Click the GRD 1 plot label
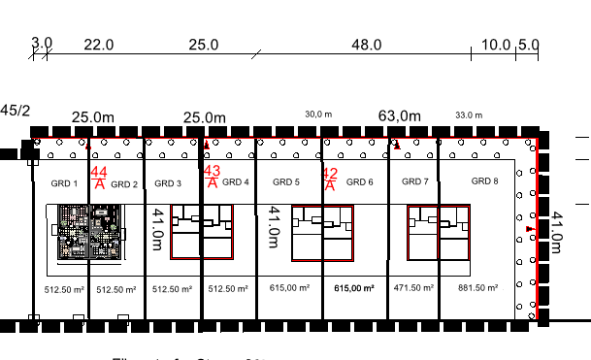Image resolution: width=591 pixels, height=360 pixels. tap(63, 182)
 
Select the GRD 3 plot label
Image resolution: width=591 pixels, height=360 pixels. tap(168, 183)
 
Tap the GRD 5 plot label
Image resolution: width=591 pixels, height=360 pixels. tap(286, 182)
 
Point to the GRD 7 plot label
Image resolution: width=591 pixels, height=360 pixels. tap(414, 181)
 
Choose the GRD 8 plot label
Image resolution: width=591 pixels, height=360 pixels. tap(485, 181)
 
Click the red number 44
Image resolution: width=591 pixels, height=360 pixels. tap(99, 173)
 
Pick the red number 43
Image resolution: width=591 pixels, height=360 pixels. tap(213, 172)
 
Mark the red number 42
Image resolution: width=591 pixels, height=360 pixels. tap(330, 174)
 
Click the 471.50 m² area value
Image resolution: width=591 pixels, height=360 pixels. tap(416, 288)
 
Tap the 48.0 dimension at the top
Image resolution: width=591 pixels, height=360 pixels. tap(367, 45)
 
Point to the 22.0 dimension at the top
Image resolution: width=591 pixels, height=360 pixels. tap(99, 45)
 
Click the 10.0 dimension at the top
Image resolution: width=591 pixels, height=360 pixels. tap(495, 45)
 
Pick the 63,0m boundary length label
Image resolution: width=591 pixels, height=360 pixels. tap(400, 116)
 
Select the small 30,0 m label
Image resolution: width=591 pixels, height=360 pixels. tap(319, 115)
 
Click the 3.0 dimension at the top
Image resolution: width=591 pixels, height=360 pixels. tap(42, 45)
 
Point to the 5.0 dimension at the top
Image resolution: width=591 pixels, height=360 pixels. tap(528, 45)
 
